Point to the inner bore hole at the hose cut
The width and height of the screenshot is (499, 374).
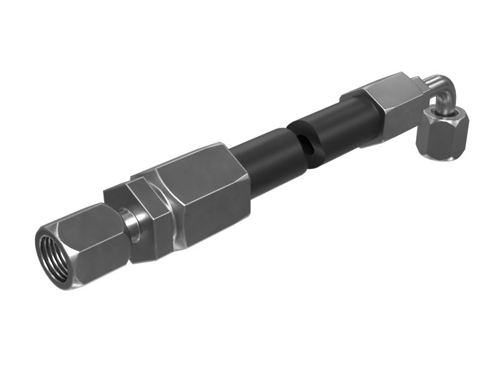click(x=306, y=148)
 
